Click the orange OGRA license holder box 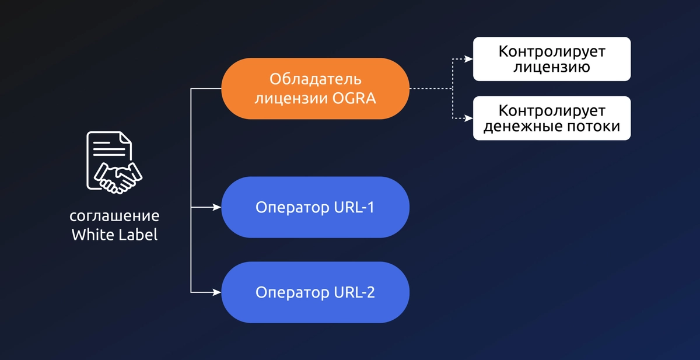point(315,89)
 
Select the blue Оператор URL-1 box point(315,207)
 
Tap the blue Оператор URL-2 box point(315,292)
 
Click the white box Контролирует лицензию point(551,59)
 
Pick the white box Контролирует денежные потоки point(551,118)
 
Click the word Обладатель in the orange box point(315,79)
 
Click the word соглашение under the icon point(114,216)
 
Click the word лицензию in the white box point(551,67)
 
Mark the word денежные point(517,127)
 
